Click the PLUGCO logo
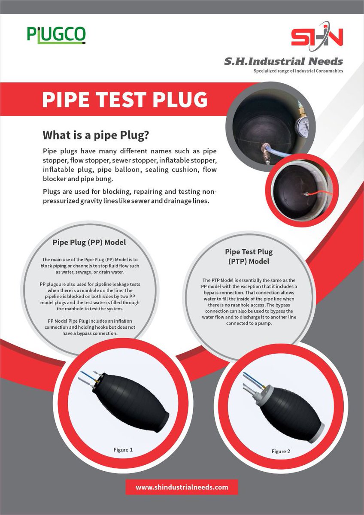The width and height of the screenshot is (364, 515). (x=56, y=35)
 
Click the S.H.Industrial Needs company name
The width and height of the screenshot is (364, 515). (x=283, y=61)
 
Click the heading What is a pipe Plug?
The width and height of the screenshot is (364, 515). (x=95, y=135)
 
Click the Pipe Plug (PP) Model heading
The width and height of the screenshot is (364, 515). (x=89, y=242)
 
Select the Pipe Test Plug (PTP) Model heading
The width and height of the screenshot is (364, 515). (x=249, y=256)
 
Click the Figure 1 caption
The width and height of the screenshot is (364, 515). (x=123, y=450)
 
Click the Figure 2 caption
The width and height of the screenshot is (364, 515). (x=281, y=451)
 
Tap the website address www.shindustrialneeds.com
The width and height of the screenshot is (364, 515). (x=182, y=487)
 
